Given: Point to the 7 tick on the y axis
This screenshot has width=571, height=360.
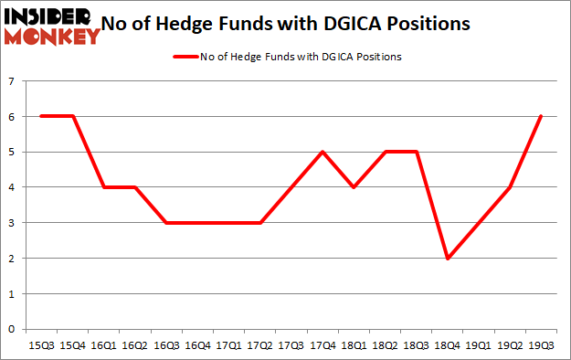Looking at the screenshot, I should (13, 81).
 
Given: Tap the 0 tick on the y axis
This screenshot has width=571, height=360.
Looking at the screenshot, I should (13, 329).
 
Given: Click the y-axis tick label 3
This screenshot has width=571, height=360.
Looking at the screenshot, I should (13, 223).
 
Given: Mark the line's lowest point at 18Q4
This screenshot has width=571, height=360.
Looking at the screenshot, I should (447, 259).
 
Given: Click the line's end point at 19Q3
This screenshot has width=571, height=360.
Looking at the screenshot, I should (541, 116).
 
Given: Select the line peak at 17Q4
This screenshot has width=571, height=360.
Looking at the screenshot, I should (323, 152).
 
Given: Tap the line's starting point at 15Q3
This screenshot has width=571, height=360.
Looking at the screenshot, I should (41, 116).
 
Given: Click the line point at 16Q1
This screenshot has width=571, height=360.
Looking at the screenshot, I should (103, 187).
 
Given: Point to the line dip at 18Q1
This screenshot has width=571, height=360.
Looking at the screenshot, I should (354, 187).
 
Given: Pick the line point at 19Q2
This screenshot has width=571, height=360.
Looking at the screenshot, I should (510, 187).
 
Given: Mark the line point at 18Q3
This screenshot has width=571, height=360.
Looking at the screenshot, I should (416, 152).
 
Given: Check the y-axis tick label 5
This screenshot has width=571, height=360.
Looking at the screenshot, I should (13, 152).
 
